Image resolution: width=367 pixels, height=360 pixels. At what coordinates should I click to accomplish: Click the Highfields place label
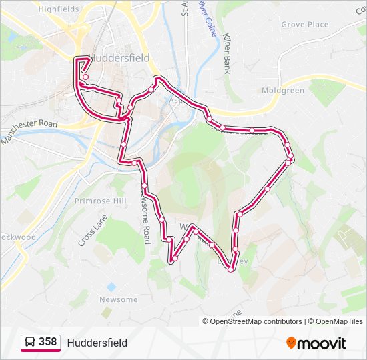tap(59, 9)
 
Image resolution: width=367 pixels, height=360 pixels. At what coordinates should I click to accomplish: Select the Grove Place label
tap(304, 25)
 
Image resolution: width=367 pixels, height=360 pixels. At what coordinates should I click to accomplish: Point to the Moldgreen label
tap(283, 91)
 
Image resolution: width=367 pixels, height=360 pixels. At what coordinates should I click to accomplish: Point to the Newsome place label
tap(118, 300)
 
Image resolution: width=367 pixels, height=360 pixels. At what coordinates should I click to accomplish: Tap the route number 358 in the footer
tap(47, 342)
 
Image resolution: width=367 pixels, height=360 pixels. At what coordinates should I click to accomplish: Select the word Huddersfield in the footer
tap(97, 343)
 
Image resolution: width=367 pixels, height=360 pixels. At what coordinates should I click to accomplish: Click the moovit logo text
tap(322, 343)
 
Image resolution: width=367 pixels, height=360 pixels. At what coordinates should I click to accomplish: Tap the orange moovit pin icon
tap(291, 343)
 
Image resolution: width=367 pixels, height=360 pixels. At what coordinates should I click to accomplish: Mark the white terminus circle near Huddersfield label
tap(85, 77)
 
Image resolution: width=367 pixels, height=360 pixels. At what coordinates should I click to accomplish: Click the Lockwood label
tap(17, 237)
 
